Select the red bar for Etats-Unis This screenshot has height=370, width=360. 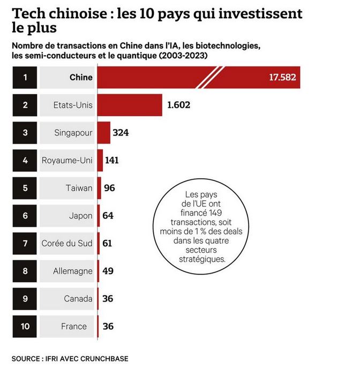pos(130,105)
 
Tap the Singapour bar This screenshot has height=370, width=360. pos(104,132)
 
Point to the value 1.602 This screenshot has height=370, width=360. pos(179,105)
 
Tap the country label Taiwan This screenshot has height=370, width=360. pos(80,188)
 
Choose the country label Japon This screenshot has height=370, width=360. pos(80,216)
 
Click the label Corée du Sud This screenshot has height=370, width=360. pos(67,244)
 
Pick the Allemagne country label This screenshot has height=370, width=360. pos(73,271)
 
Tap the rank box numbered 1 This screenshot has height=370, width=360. pos(25,77)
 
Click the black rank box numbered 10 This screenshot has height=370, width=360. pos(25,326)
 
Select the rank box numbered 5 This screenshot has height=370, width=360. pos(25,188)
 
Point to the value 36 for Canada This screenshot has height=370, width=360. pos(108,299)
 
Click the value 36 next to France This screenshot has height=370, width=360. pos(108,326)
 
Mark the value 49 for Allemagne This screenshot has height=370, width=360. pos(108,271)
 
